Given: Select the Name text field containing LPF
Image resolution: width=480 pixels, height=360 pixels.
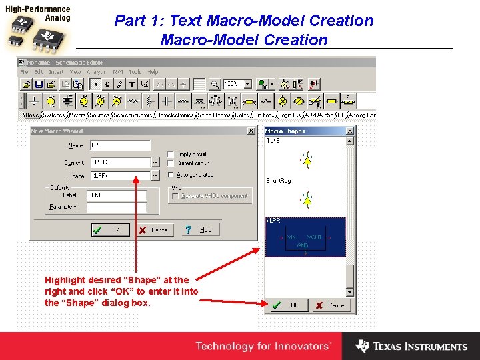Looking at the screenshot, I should tap(119, 145).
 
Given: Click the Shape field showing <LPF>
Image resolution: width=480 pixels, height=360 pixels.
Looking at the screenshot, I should tap(119, 176).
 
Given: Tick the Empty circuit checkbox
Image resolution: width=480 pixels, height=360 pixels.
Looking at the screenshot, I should tap(171, 154).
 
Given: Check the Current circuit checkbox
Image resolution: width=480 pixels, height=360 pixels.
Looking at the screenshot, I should tap(171, 163).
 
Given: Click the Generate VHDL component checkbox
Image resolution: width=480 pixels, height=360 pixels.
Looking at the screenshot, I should tap(175, 196).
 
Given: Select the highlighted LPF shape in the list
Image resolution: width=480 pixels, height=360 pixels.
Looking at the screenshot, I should tap(305, 237).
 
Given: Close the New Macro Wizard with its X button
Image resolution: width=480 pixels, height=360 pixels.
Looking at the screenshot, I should tap(251, 131).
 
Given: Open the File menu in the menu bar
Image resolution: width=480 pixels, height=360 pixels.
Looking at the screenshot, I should tap(24, 72).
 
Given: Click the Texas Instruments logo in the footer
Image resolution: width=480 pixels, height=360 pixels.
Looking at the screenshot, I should tap(411, 347).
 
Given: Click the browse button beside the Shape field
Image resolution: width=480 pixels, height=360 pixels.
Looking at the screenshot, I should tap(155, 176).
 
